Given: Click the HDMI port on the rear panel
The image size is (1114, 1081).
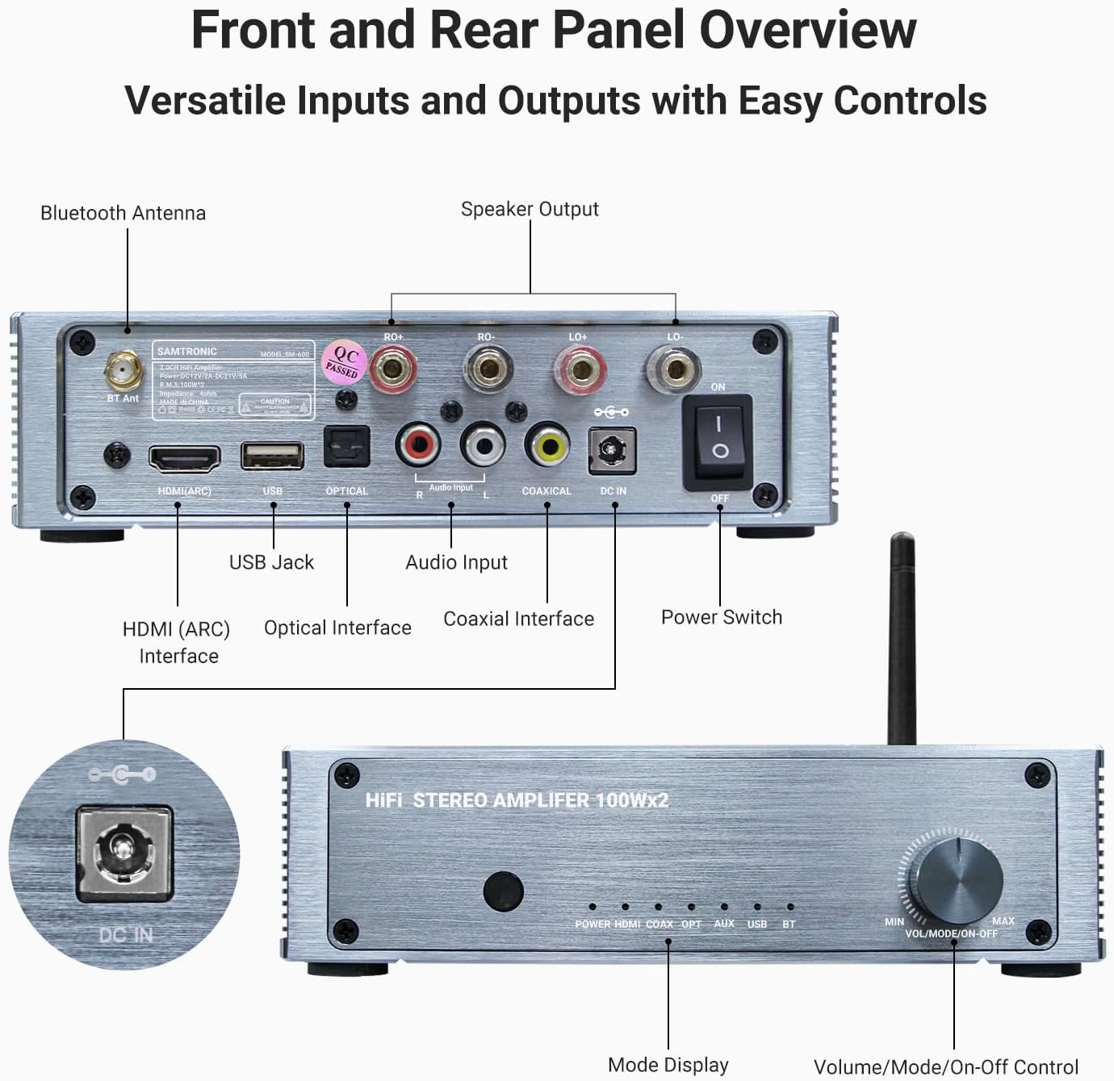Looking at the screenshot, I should pos(184,458).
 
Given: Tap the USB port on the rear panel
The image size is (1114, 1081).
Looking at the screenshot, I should pos(272,456).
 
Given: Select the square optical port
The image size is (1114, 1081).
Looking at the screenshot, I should pos(346,446).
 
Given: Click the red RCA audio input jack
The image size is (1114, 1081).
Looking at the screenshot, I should pos(417,443).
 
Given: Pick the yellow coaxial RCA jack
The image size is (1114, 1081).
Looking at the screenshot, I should pos(547,443).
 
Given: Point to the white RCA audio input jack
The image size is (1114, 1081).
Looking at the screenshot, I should pos(483,443).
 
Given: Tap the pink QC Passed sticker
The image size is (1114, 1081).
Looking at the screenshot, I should pos(344,362).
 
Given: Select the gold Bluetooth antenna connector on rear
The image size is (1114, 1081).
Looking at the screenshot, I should pos(123,372).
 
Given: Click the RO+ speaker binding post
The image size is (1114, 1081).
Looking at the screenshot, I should pos(392,369).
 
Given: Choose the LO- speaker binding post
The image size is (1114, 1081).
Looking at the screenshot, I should pos(674,369).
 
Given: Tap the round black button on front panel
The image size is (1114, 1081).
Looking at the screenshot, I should pos(503,891).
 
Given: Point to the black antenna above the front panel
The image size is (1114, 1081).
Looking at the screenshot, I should pos(902,637).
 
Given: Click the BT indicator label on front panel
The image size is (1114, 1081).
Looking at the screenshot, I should pos(789,924).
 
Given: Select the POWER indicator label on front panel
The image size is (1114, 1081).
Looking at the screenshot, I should pos(593,924).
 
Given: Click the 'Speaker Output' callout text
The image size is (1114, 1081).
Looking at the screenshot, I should pos(530,209).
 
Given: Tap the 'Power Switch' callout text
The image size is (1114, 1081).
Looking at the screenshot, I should pos(722,617).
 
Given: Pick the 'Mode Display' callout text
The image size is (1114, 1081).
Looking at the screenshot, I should pos(668,1065).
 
